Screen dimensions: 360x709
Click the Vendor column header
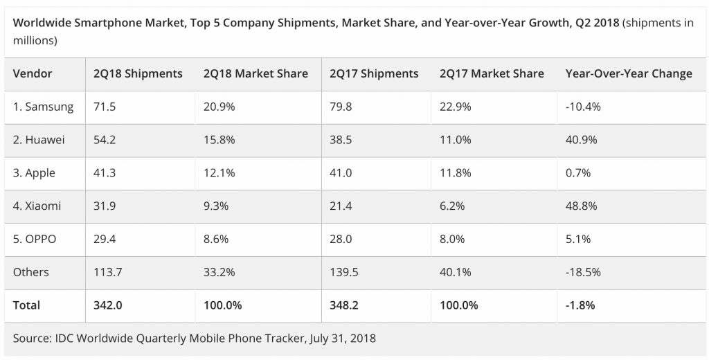click(x=33, y=73)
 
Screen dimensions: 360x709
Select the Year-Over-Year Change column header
click(x=629, y=73)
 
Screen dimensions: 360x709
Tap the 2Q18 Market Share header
click(x=255, y=73)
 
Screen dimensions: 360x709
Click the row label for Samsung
click(x=43, y=107)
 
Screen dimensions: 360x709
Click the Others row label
click(x=31, y=272)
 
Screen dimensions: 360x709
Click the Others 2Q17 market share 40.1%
click(x=455, y=272)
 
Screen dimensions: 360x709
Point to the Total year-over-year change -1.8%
click(x=580, y=305)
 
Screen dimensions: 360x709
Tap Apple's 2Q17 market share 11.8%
click(x=455, y=173)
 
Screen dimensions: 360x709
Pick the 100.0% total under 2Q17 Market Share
click(x=459, y=305)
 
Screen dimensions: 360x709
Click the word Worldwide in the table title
click(x=42, y=23)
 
